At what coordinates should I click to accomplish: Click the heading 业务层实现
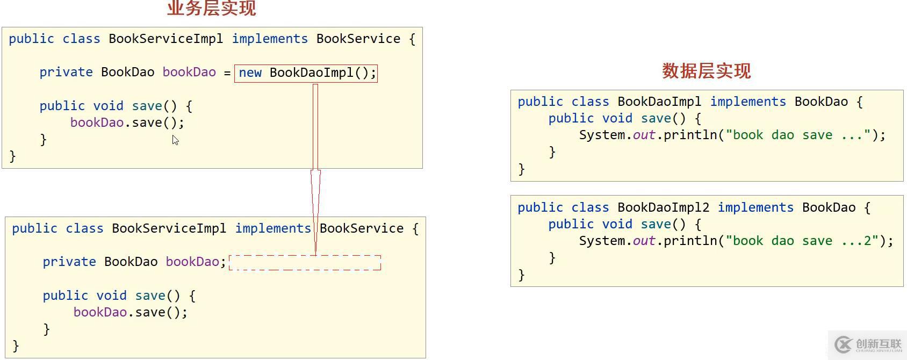point(212,8)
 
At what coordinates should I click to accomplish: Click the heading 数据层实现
point(706,71)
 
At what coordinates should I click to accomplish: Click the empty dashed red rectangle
point(305,263)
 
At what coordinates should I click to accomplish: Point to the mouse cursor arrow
point(175,140)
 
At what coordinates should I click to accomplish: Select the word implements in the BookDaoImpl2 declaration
point(755,207)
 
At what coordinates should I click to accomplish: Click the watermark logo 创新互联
point(867,344)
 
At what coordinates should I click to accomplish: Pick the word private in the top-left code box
point(66,73)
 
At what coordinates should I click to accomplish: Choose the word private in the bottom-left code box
point(69,262)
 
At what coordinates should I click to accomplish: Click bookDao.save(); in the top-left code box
point(127,123)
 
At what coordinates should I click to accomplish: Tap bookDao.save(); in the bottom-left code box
point(131,312)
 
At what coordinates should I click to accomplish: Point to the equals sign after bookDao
point(227,73)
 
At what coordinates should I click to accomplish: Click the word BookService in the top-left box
point(358,39)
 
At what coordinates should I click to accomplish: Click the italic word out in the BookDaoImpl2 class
point(644,241)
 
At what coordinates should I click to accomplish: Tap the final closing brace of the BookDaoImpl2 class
point(521,275)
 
